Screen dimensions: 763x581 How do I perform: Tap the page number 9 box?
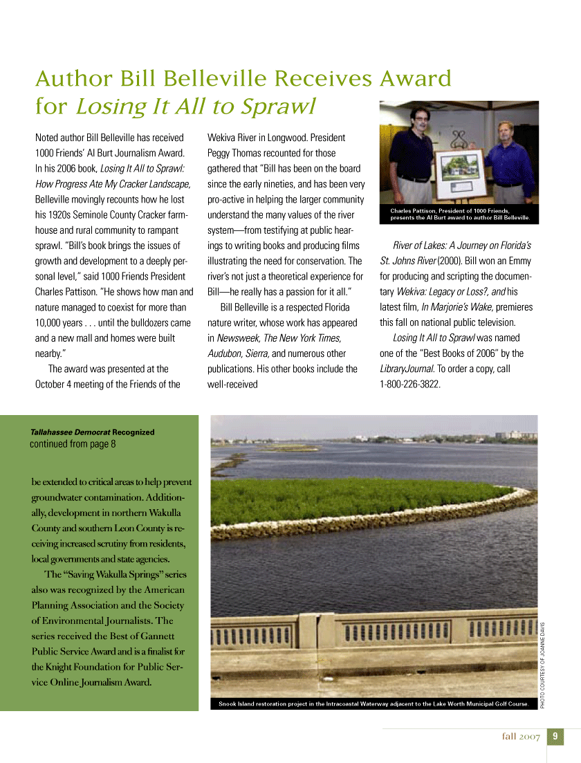pos(555,737)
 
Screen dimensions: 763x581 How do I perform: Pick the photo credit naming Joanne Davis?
pos(544,660)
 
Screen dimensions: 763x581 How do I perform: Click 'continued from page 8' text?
pos(73,444)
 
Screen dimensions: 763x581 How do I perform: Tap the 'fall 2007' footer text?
pos(521,737)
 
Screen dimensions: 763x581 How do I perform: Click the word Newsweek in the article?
pos(237,338)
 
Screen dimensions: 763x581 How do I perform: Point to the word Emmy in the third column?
pos(518,261)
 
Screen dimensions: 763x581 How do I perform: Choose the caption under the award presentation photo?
pos(460,214)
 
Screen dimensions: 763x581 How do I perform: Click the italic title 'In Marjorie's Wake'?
pos(450,307)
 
